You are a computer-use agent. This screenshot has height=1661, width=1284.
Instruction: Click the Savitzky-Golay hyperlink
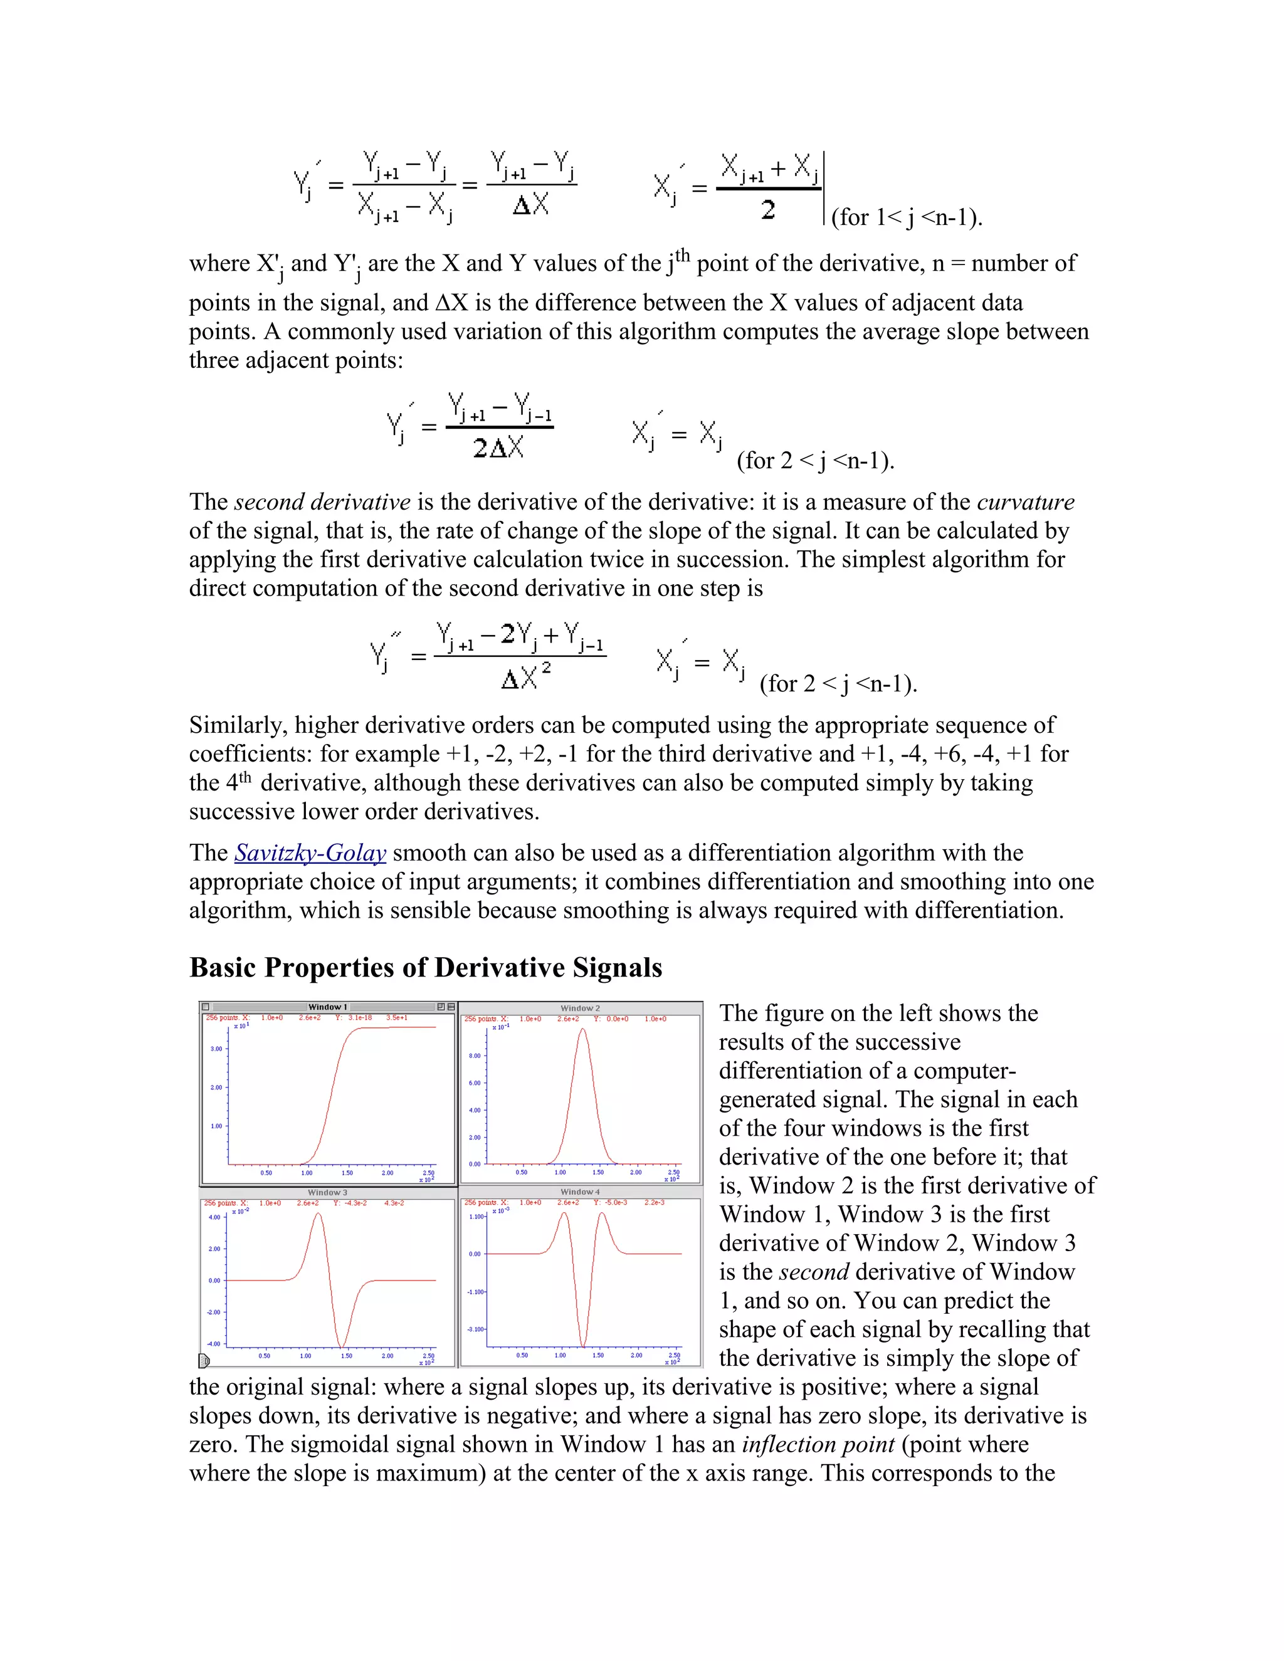click(x=310, y=852)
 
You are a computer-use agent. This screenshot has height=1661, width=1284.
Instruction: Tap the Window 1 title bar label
click(x=328, y=1007)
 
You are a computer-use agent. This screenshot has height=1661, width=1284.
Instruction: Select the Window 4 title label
click(x=580, y=1192)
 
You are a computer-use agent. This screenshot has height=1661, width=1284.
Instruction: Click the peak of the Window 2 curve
click(x=582, y=1030)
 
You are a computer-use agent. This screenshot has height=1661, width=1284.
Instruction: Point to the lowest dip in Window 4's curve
click(x=584, y=1344)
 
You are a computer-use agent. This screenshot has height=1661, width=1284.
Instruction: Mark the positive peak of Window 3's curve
click(x=318, y=1215)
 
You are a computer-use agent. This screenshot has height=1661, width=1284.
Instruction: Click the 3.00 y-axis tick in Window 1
click(x=217, y=1049)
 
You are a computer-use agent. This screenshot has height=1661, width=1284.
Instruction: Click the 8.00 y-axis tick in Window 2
click(x=475, y=1056)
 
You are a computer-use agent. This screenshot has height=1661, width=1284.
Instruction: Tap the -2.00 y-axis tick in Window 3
click(x=214, y=1312)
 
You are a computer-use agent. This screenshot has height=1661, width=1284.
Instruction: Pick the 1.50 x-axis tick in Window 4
click(x=598, y=1355)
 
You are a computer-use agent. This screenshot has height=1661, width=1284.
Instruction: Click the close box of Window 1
click(x=206, y=1007)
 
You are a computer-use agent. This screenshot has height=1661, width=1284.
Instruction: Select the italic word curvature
click(x=1025, y=502)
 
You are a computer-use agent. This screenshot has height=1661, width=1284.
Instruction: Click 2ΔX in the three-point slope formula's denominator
click(x=498, y=448)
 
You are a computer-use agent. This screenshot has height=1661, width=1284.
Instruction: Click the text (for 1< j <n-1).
click(x=907, y=217)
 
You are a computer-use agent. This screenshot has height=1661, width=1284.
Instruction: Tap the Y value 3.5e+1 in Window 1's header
click(x=397, y=1017)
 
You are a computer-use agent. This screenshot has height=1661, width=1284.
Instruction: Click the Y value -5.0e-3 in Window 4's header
click(x=616, y=1202)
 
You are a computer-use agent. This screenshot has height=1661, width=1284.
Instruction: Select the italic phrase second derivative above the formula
click(x=322, y=502)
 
